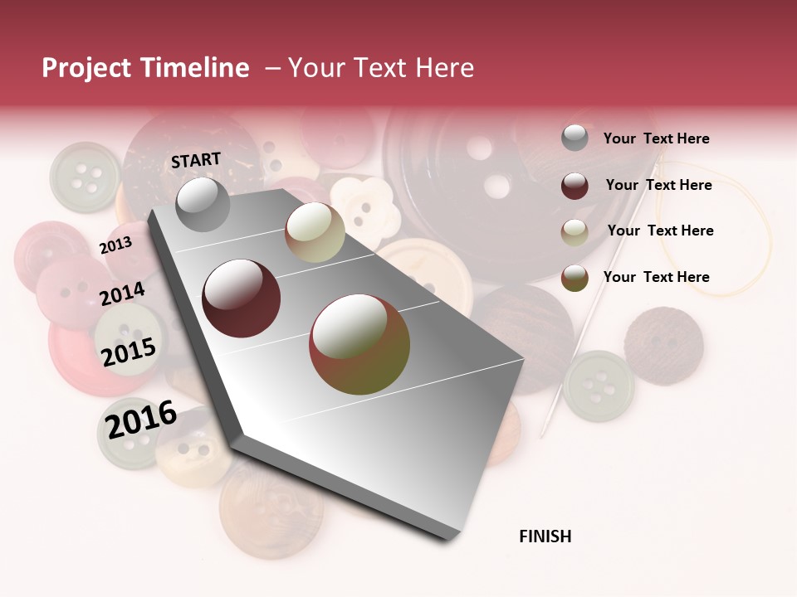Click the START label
coord(196,160)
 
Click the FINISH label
coord(545,536)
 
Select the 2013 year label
coord(115,245)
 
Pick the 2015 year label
coord(129,352)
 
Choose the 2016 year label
coord(141,419)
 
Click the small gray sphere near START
coord(203,204)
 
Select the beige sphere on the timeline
coord(315,232)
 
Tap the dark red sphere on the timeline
coord(242,298)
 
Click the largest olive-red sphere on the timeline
coord(359,344)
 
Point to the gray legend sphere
coord(575,138)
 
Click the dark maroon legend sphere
coord(575,185)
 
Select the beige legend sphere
coord(575,231)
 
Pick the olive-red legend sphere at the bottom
coord(575,278)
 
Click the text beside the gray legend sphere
coord(656,138)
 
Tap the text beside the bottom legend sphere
coord(656,277)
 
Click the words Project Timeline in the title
coord(145,68)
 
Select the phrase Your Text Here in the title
coord(381,68)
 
